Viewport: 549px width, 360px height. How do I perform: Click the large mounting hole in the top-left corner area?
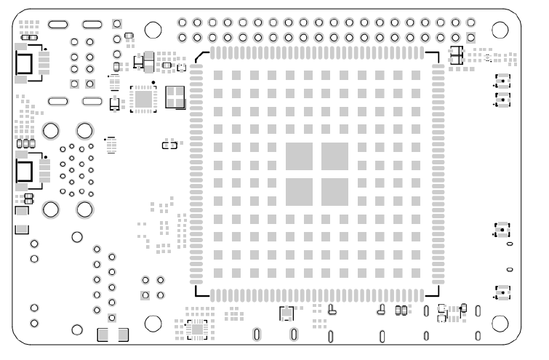tap(153, 30)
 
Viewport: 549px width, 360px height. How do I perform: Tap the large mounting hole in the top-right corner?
tap(500, 29)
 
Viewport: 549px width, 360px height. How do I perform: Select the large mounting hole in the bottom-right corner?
tap(500, 323)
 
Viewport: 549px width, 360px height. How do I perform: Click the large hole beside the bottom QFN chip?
tap(153, 323)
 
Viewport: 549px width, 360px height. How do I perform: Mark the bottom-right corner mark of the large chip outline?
tap(436, 295)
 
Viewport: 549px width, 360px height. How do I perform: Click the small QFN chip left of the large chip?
tap(143, 99)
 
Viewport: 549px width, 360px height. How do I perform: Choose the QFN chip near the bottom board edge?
tap(197, 329)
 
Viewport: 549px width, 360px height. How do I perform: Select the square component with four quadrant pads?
tap(176, 96)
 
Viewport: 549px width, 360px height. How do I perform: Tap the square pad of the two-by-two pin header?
tap(145, 295)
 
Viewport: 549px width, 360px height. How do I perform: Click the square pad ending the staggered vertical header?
tap(112, 318)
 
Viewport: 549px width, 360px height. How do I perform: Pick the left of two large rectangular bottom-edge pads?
tap(103, 335)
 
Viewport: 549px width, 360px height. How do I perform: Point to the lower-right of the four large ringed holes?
tap(84, 209)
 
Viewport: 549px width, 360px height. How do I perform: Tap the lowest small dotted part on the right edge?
tap(502, 293)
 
